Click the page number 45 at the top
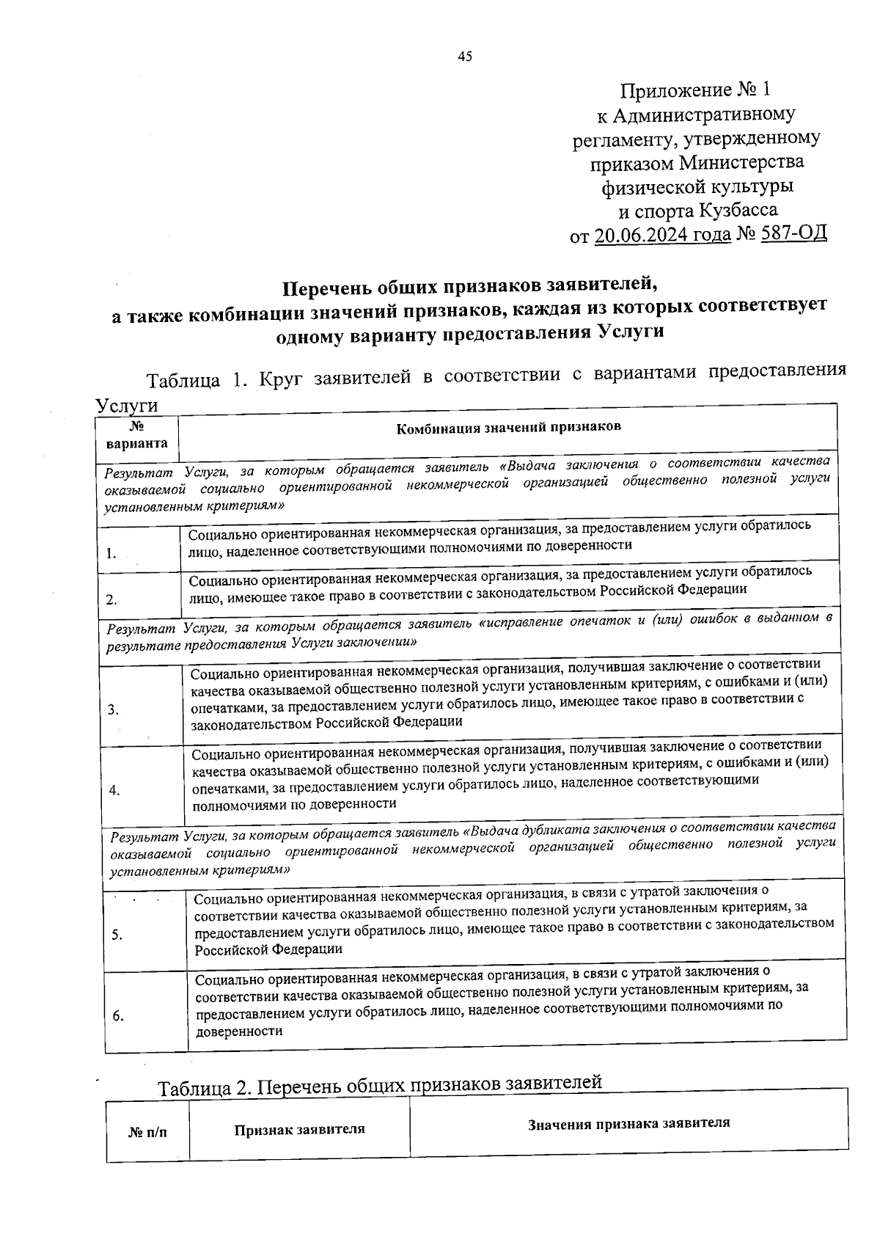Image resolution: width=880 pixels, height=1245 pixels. click(x=465, y=56)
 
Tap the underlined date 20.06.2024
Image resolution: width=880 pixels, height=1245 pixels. click(x=662, y=235)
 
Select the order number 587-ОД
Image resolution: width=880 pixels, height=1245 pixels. click(x=795, y=234)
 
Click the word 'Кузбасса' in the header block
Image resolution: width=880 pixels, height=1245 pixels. click(x=738, y=211)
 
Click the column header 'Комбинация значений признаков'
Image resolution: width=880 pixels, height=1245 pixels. click(x=508, y=427)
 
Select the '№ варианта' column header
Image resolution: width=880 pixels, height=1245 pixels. click(x=136, y=435)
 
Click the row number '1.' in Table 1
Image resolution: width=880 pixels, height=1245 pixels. click(x=110, y=554)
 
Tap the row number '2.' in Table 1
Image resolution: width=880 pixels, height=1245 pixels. click(x=111, y=599)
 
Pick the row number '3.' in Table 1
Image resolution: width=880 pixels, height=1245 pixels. click(x=112, y=709)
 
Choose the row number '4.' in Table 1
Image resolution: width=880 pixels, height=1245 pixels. click(x=114, y=790)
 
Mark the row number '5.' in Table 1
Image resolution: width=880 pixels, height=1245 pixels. click(x=117, y=935)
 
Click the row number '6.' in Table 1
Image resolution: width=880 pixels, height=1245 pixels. click(x=118, y=1015)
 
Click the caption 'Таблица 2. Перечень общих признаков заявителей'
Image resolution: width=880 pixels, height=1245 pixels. click(x=380, y=1084)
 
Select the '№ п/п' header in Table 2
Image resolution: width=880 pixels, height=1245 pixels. click(x=147, y=1133)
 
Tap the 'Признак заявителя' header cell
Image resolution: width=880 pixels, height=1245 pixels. click(x=299, y=1129)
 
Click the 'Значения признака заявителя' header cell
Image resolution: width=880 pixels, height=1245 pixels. click(x=628, y=1123)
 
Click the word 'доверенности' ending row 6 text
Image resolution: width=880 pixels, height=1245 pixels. click(x=239, y=1030)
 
